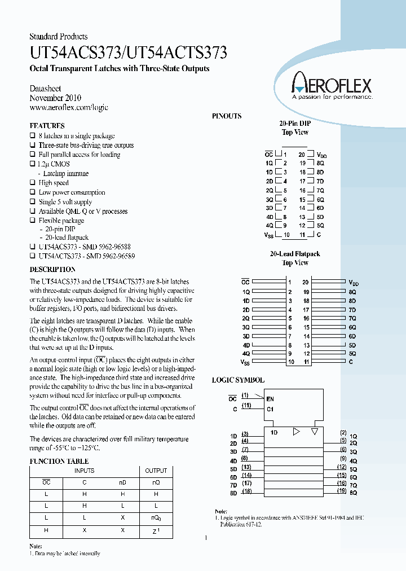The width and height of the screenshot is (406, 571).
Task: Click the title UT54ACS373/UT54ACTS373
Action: [128, 53]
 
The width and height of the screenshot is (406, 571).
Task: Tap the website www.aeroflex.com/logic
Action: [68, 107]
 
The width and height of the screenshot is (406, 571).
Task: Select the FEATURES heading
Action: [47, 126]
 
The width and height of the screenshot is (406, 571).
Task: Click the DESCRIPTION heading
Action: [52, 270]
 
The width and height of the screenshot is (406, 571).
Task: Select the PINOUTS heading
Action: [227, 116]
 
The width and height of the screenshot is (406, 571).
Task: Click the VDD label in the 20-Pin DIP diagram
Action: [321, 155]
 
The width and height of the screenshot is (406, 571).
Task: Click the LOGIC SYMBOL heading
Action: [238, 380]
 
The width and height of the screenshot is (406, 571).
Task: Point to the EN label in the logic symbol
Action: [270, 398]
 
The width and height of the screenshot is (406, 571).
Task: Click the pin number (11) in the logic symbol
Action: [246, 406]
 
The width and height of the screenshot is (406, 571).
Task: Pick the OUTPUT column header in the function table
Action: [156, 471]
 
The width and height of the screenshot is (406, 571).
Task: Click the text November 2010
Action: [55, 98]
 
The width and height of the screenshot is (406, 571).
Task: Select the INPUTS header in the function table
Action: [84, 471]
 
